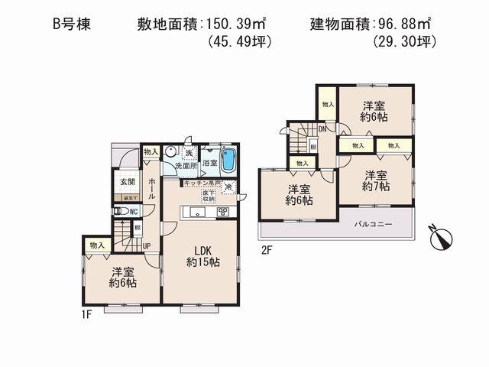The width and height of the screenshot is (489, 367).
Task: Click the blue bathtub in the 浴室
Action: pyautogui.click(x=234, y=163)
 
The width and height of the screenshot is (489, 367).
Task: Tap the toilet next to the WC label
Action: pyautogui.click(x=117, y=211)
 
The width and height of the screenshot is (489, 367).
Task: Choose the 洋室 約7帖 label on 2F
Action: pyautogui.click(x=376, y=180)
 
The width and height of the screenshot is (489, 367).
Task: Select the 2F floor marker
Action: pyautogui.click(x=267, y=249)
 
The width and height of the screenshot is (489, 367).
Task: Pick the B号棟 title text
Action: pyautogui.click(x=72, y=24)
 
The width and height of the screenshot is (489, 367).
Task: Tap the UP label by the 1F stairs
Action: pyautogui.click(x=147, y=245)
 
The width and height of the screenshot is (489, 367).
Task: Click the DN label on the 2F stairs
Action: pyautogui.click(x=323, y=129)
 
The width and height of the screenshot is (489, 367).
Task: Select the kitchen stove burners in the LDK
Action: pyautogui.click(x=224, y=212)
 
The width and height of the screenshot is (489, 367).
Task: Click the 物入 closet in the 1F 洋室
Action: pyautogui.click(x=97, y=245)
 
